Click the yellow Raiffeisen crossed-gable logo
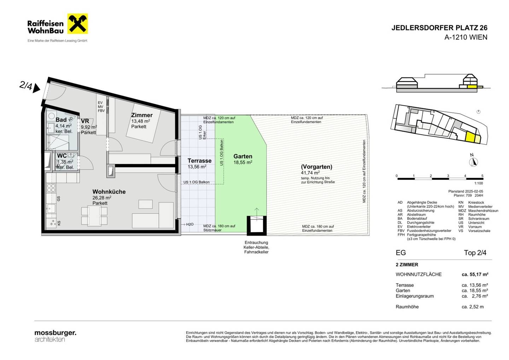tap(78, 24)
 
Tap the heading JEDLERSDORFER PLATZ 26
tap(439, 28)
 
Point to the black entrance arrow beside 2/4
tap(36, 88)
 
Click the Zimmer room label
tap(142, 115)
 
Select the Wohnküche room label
tap(109, 192)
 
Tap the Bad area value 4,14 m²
tap(64, 126)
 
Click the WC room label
tap(62, 156)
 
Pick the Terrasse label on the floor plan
tap(199, 161)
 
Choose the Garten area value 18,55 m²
tap(243, 162)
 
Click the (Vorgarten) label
tap(317, 167)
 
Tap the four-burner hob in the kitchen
tap(51, 188)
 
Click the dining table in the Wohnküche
tap(94, 216)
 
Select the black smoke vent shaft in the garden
tap(257, 226)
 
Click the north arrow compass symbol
tap(473, 162)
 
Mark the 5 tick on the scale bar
tap(482, 176)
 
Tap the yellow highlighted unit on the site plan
tap(470, 138)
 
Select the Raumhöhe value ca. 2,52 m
tap(473, 307)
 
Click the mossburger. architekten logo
tap(55, 336)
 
